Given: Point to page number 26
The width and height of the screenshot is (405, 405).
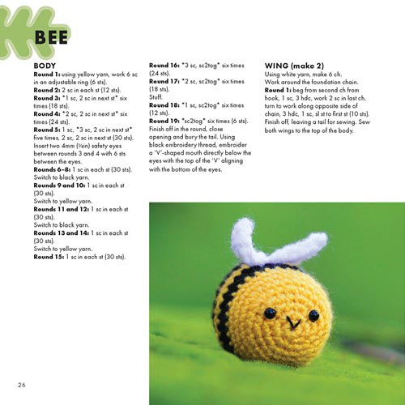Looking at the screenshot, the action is point(22,382).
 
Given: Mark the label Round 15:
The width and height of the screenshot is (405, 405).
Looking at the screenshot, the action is point(50,256).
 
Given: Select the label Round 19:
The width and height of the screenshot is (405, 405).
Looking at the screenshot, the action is point(166,119).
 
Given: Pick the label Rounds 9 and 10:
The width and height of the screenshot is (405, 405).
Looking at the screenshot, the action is point(63,184).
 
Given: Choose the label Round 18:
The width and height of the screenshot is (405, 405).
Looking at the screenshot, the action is point(166,104).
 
